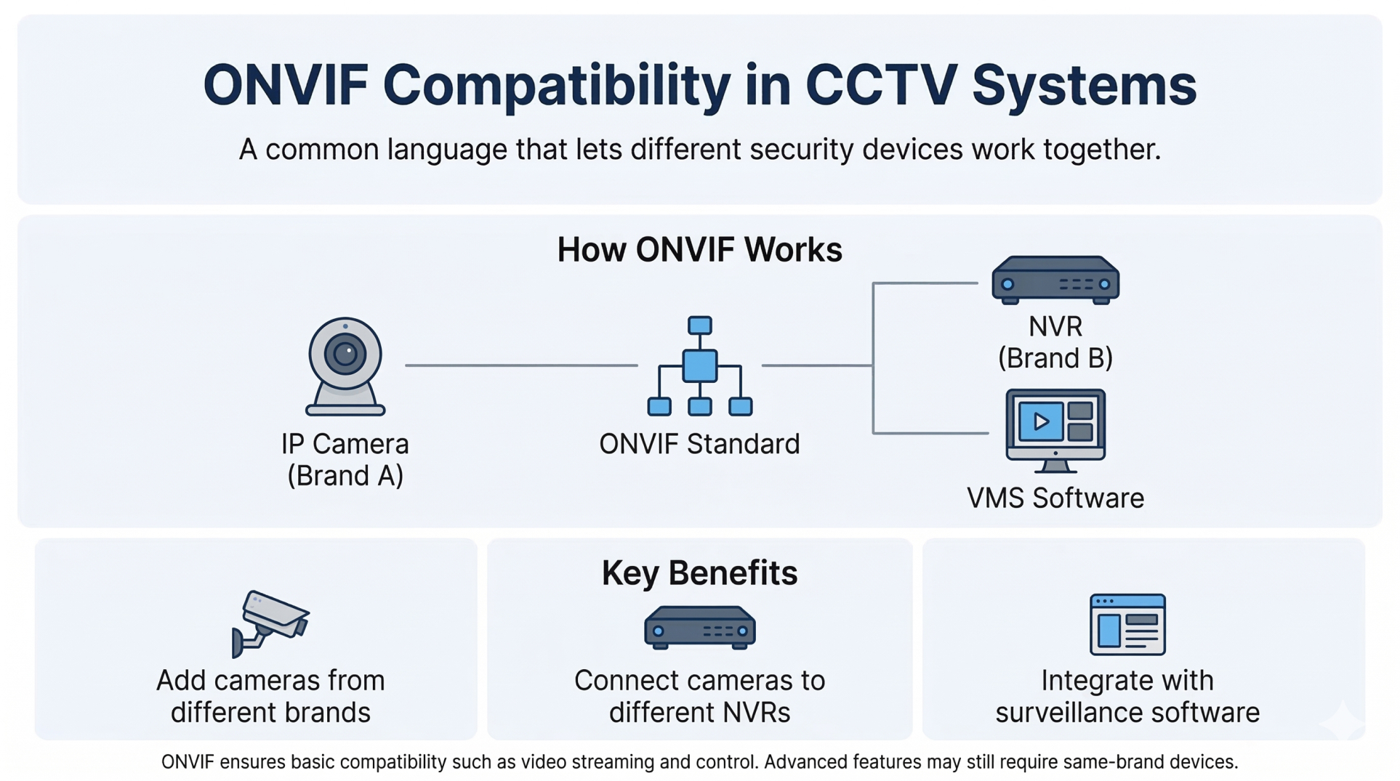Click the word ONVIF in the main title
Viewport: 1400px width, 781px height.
click(x=285, y=86)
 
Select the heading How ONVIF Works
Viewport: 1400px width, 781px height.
click(x=699, y=250)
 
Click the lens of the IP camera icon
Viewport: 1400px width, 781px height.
click(x=345, y=354)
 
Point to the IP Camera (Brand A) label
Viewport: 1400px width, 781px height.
click(x=345, y=459)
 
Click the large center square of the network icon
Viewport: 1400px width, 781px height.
click(x=699, y=365)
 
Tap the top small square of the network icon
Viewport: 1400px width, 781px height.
click(x=699, y=325)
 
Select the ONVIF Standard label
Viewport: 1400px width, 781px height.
click(x=699, y=444)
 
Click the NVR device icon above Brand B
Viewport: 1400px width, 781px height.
click(x=1055, y=280)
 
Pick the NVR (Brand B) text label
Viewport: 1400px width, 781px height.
click(x=1055, y=342)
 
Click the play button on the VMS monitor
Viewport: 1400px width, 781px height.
click(x=1041, y=421)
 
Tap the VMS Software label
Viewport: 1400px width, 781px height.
click(x=1055, y=498)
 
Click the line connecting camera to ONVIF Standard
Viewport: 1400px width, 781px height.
click(x=520, y=365)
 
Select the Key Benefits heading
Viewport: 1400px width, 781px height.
click(x=699, y=573)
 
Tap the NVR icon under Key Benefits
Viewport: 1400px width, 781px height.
click(x=699, y=628)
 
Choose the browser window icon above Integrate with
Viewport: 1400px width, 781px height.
click(x=1127, y=625)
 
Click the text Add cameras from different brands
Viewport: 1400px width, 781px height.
click(x=270, y=696)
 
